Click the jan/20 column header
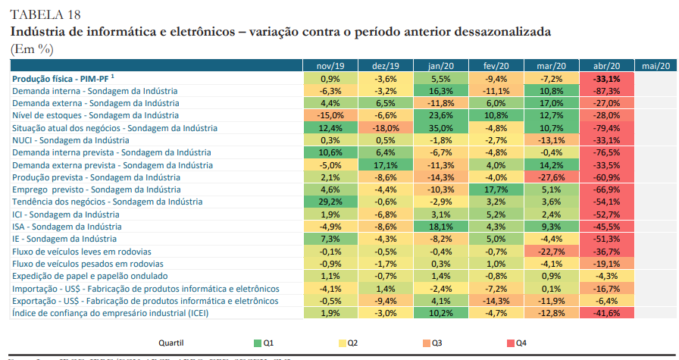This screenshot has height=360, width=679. click(x=440, y=66)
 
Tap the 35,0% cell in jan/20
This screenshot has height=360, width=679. click(x=440, y=128)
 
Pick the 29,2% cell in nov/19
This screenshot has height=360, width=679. click(x=330, y=202)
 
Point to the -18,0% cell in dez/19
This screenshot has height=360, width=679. click(x=386, y=128)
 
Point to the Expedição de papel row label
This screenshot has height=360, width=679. click(x=90, y=276)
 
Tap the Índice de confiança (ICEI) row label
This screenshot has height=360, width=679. click(x=111, y=313)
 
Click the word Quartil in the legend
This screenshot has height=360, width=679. click(x=171, y=343)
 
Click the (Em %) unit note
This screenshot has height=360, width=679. click(x=32, y=48)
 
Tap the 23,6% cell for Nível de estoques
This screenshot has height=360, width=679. click(x=440, y=115)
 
